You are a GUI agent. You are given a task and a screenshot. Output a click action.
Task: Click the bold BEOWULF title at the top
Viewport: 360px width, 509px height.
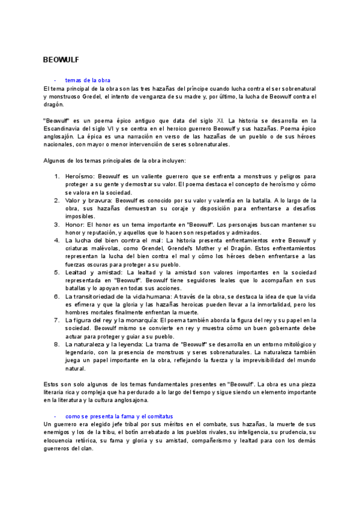click(x=61, y=60)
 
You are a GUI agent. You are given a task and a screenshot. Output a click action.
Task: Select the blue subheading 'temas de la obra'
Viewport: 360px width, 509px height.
click(x=88, y=80)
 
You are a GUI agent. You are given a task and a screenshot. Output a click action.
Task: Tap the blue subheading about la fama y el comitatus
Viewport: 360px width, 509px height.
click(x=119, y=416)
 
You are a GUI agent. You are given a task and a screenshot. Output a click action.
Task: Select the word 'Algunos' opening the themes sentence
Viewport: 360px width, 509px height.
click(x=55, y=161)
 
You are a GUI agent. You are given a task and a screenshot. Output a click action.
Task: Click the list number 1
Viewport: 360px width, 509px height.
click(x=56, y=177)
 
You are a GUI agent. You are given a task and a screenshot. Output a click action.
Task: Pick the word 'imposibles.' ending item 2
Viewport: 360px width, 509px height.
click(x=80, y=216)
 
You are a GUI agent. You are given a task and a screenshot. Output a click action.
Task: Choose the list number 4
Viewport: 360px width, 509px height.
click(x=56, y=240)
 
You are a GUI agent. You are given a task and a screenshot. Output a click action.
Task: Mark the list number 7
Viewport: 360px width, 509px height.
click(x=56, y=320)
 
